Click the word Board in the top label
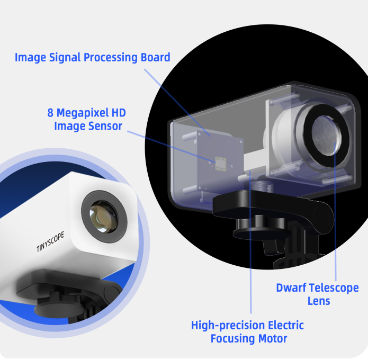point(155,57)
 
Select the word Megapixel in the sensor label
point(82,113)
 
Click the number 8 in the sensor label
point(50,113)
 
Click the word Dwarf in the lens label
point(288,287)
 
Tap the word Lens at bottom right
point(319,301)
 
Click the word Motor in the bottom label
point(273,339)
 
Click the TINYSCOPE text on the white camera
point(50,242)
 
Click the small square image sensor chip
point(221,164)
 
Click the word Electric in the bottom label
point(285,326)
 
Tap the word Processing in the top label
point(111,58)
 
